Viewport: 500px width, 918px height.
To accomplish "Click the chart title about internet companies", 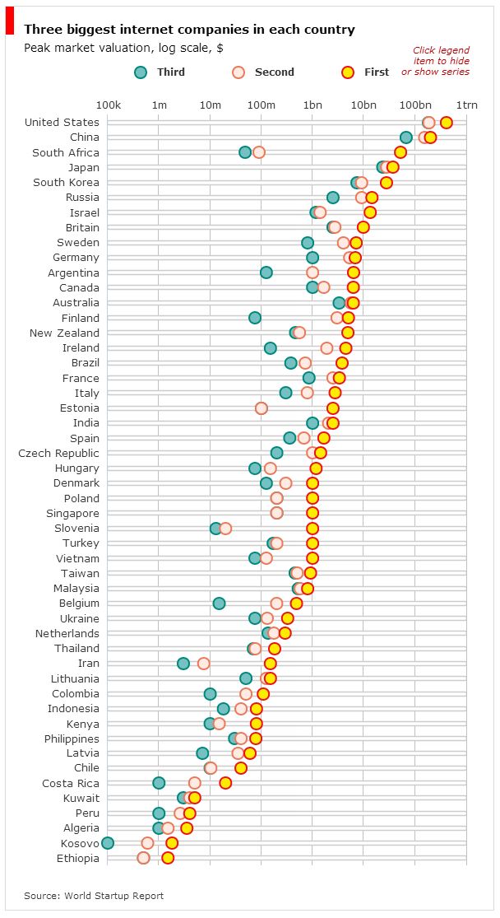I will tap(189, 30).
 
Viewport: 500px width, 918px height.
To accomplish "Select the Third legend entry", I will tap(160, 72).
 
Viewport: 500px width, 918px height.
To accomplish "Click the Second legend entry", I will tap(264, 72).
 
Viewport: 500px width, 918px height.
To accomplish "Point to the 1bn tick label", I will tap(312, 105).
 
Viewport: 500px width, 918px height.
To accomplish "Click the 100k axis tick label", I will tap(109, 105).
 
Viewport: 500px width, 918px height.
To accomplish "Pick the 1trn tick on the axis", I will tap(466, 105).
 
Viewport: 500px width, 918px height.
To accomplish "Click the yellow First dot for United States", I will tap(446, 123).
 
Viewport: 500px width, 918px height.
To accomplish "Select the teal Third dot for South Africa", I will tap(245, 152).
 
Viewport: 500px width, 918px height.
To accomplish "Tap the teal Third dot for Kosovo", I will tap(108, 843).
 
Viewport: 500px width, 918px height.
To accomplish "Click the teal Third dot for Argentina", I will tap(266, 273).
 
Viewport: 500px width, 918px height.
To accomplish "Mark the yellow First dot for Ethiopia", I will tap(168, 858).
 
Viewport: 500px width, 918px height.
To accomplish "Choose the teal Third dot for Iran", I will tap(183, 664).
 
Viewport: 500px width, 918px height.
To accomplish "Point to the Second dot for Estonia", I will tap(262, 408).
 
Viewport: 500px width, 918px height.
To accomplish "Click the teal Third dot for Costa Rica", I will tap(159, 783).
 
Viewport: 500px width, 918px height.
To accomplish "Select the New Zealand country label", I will tap(64, 333).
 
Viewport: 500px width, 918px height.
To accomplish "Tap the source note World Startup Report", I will tap(94, 896).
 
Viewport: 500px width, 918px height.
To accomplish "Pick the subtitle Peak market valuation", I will tap(123, 49).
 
